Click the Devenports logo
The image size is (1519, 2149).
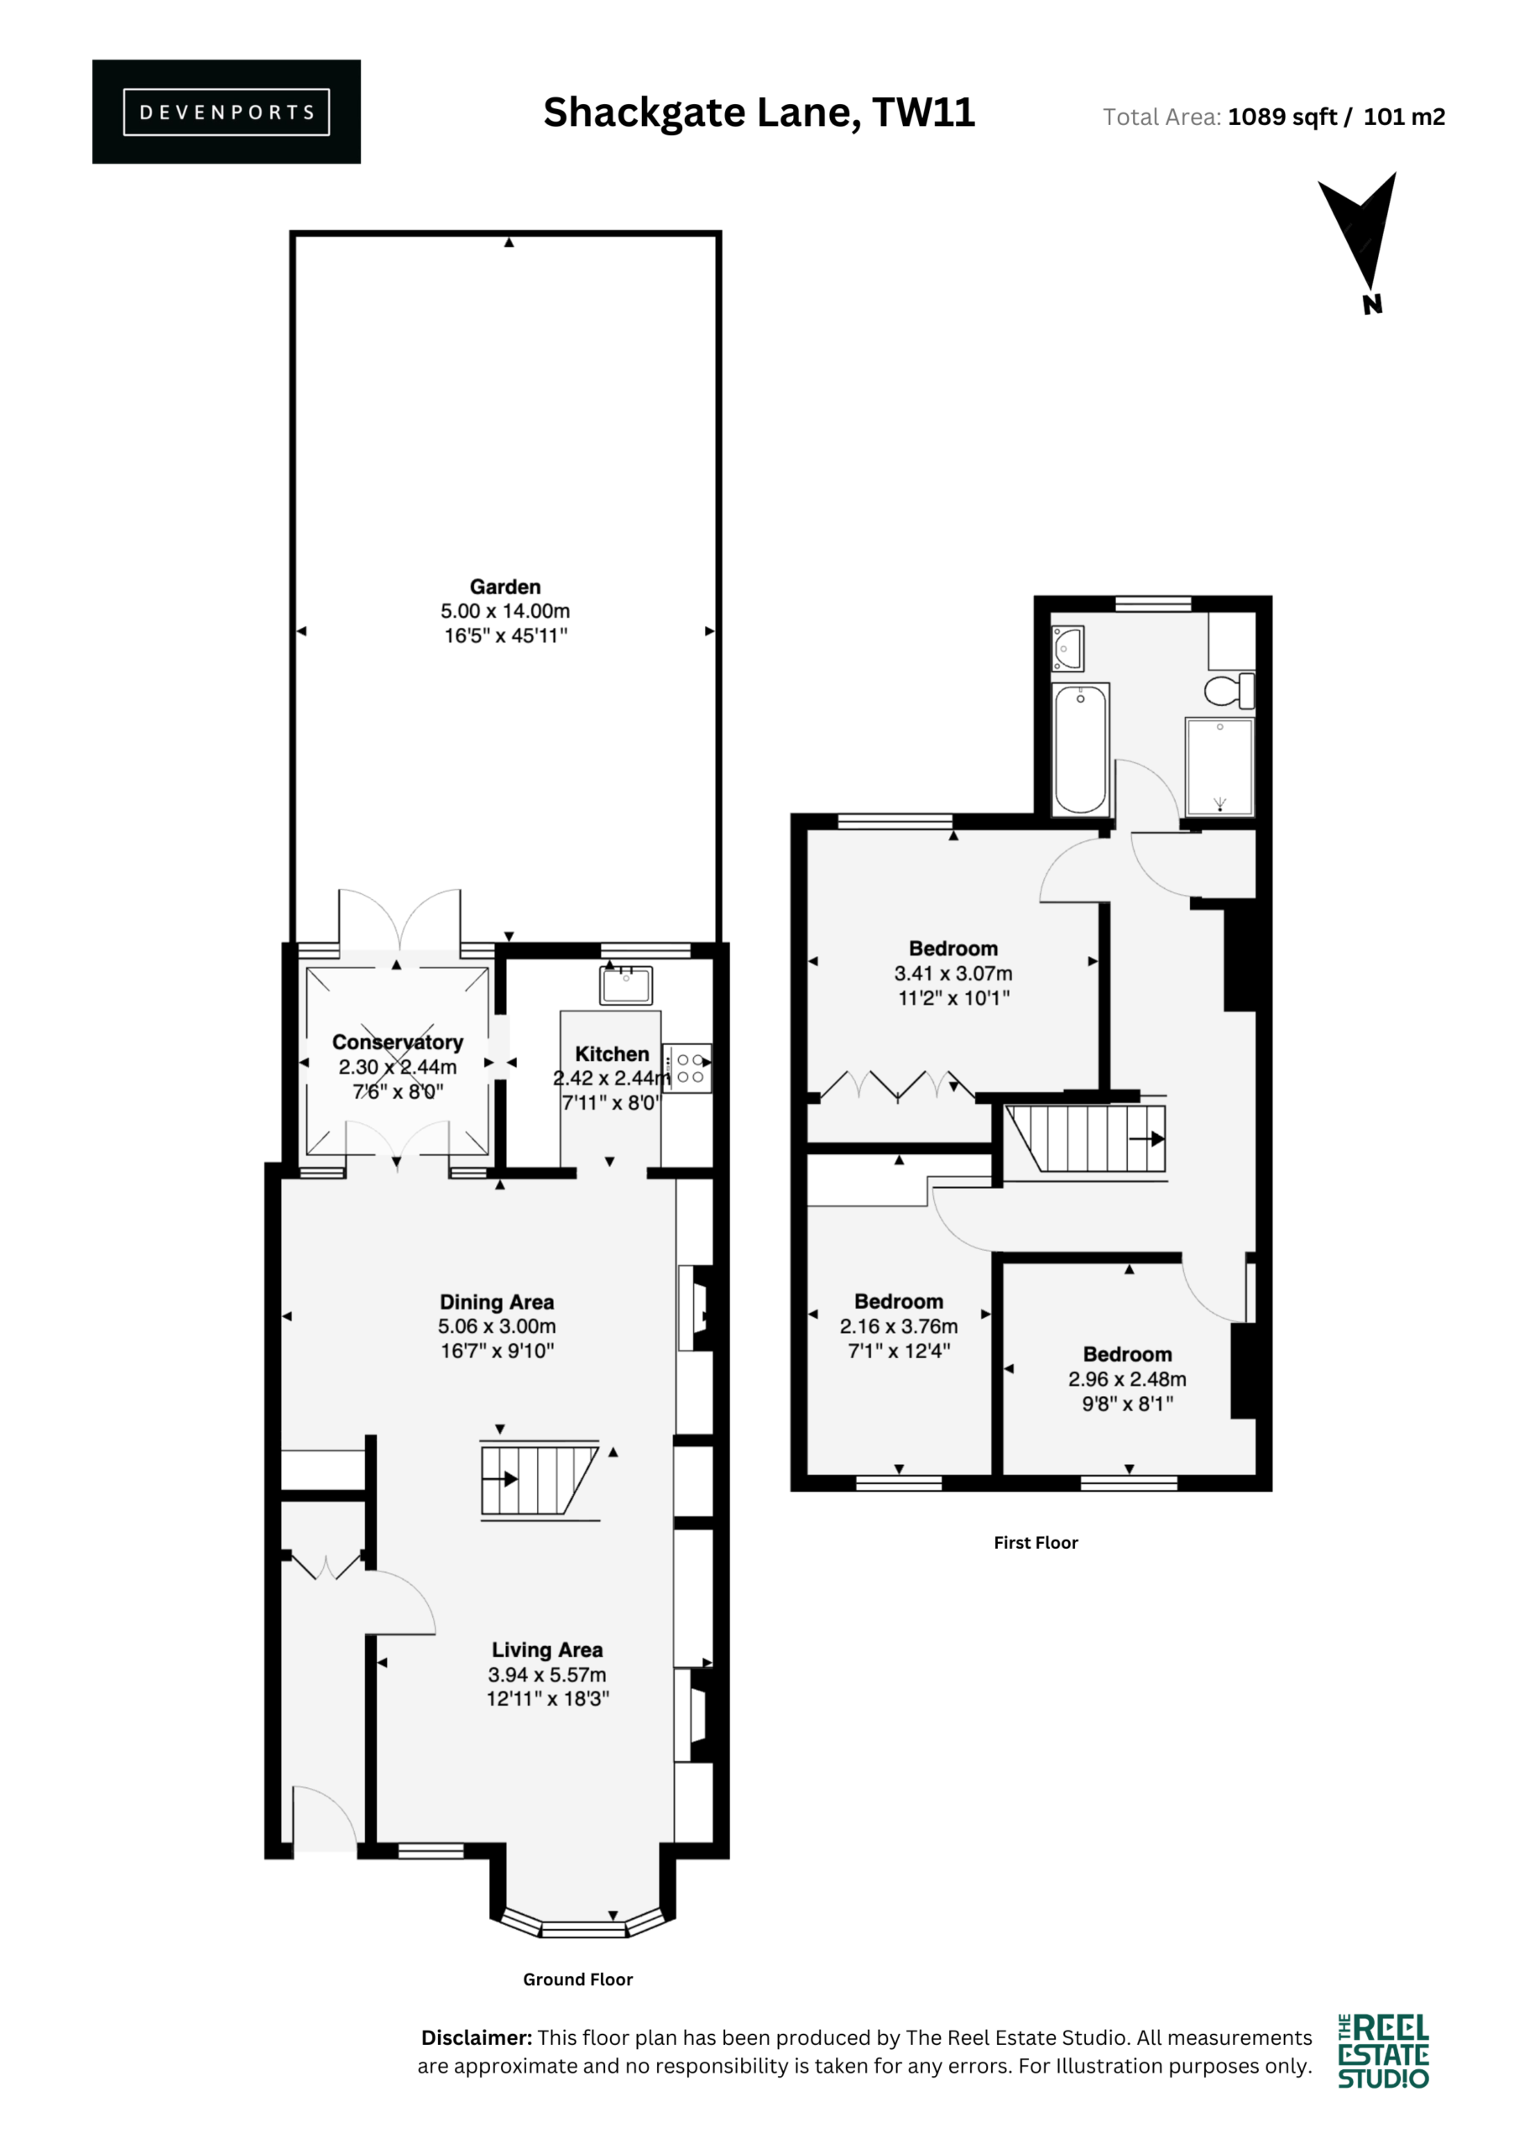(226, 112)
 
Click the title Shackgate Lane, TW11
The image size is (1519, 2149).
(759, 113)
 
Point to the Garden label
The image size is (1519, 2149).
(505, 587)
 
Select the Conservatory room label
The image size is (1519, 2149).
(398, 1042)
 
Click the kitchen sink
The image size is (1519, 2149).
(626, 986)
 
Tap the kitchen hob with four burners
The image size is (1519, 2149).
(687, 1068)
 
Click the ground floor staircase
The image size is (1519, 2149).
(540, 1480)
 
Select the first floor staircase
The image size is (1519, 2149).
(1086, 1138)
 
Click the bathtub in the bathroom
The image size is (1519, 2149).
(1081, 749)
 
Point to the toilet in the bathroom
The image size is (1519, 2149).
(1229, 691)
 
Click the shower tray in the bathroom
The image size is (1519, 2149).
(1219, 766)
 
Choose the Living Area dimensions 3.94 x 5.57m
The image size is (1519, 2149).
(546, 1675)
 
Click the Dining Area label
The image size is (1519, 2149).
(497, 1302)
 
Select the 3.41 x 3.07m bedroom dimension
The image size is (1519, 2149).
(953, 974)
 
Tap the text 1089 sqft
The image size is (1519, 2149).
(1282, 117)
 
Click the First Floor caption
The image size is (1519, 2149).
(1036, 1542)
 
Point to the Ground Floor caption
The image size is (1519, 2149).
(577, 1979)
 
